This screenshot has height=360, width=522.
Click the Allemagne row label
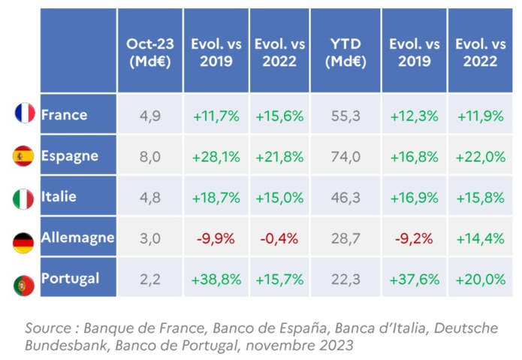(x=77, y=238)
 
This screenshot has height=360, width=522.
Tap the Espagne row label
(x=70, y=156)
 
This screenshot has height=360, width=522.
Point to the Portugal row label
(x=70, y=278)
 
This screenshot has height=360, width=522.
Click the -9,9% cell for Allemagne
(x=216, y=238)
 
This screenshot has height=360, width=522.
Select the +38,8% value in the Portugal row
(x=216, y=279)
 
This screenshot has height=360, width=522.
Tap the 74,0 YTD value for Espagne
(x=345, y=156)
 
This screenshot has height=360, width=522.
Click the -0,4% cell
(x=279, y=238)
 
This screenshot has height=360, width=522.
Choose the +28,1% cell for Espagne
(x=216, y=156)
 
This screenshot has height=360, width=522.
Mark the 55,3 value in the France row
(x=345, y=116)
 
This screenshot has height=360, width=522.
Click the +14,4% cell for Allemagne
(x=481, y=238)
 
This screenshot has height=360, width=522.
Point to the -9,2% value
(x=412, y=238)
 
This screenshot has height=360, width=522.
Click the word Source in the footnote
(x=47, y=328)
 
